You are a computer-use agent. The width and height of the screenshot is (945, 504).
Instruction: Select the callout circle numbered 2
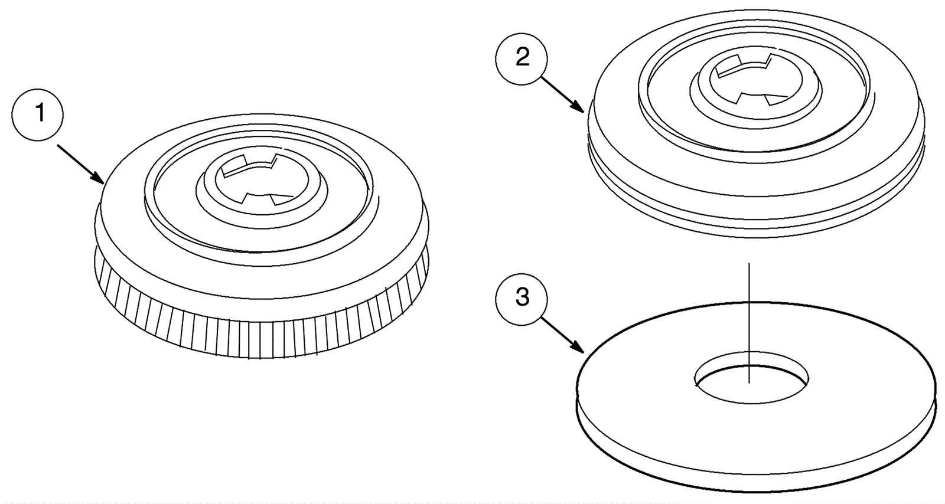[x=522, y=58]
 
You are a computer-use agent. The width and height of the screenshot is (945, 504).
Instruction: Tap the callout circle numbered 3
[x=522, y=297]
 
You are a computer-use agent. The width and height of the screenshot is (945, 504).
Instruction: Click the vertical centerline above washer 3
[x=749, y=323]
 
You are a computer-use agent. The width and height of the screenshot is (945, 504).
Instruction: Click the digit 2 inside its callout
[x=522, y=58]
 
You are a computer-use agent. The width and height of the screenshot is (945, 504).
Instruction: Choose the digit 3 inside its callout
[x=522, y=297]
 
